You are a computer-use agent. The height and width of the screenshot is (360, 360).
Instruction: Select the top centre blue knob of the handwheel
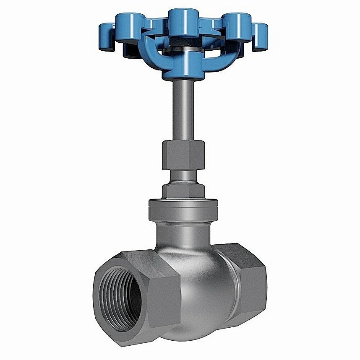point(180,19)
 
